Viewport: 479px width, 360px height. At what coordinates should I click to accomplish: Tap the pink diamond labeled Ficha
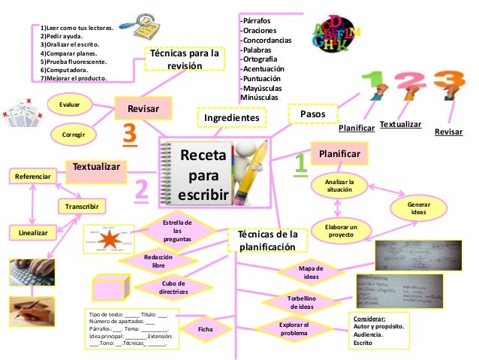(x=205, y=328)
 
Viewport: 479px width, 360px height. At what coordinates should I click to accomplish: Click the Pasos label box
(x=312, y=113)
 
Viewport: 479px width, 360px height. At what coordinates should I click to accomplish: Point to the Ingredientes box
(x=231, y=117)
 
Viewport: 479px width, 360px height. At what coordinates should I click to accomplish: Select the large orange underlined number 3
(x=130, y=136)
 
